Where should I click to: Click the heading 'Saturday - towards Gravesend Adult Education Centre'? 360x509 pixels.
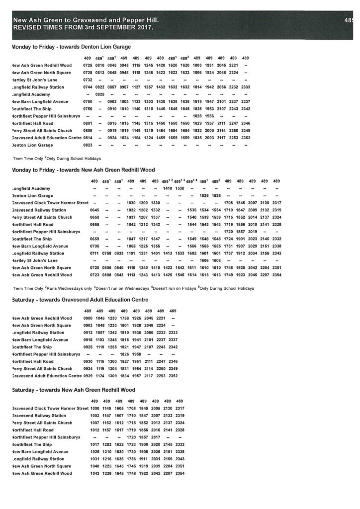click(79, 299)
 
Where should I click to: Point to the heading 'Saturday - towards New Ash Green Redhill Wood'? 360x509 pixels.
click(73, 390)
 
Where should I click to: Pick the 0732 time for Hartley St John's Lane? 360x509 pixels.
click(88, 80)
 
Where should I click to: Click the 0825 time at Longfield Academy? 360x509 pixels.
click(99, 94)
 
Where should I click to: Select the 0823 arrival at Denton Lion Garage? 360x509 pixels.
click(88, 145)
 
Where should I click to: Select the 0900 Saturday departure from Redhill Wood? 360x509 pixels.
click(88, 318)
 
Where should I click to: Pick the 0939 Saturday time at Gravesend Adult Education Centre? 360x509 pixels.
click(88, 376)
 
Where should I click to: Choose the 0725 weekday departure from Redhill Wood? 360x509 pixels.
click(88, 65)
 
